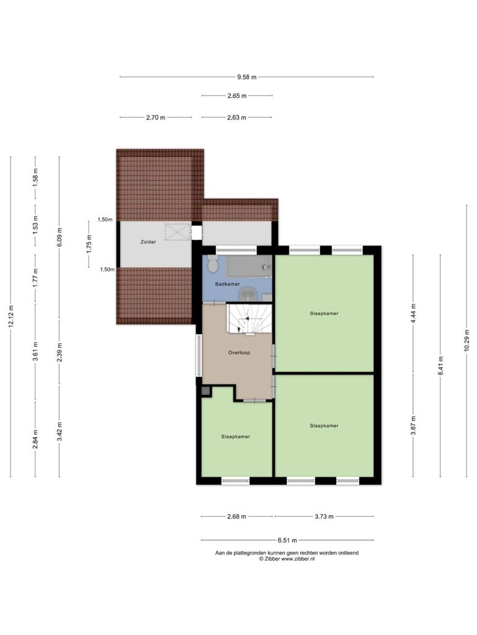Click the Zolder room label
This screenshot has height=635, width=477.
pos(148,242)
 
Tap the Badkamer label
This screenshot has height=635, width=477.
pos(227,284)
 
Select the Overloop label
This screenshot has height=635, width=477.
pos(239,353)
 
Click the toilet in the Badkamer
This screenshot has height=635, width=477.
pos(212,264)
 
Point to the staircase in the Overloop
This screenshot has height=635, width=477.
pos(248,320)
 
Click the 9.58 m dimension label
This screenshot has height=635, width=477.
pos(247,77)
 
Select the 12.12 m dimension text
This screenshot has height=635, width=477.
pos(11,316)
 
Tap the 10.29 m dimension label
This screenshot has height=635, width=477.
pos(467,344)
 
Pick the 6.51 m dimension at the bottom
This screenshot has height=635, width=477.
pos(287,540)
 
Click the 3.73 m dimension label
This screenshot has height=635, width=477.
pos(324,517)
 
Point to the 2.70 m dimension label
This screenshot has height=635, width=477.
pos(156,118)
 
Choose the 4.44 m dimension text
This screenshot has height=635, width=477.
pos(413,313)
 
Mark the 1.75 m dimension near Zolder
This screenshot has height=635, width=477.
pos(89,244)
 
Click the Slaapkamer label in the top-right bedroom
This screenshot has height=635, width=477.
pos(324,313)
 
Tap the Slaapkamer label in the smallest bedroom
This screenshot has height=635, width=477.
pos(235,437)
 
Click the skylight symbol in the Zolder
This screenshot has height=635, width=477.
pos(178,232)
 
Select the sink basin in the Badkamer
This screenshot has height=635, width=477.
pos(247,293)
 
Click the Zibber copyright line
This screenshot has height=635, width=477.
pos(287,559)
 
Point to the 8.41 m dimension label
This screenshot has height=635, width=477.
pos(440,365)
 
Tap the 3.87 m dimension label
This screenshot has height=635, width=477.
pos(413,426)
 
